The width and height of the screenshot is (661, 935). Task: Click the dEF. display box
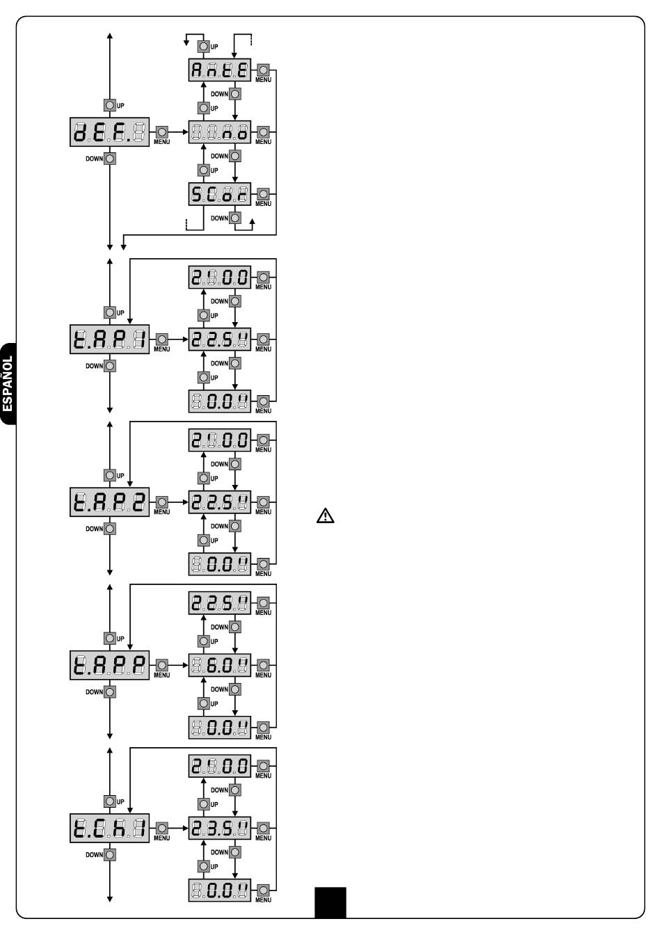tap(110, 131)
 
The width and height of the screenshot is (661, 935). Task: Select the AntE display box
tap(220, 70)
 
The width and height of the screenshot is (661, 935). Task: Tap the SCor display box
tap(220, 194)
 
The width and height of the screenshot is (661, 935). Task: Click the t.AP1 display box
tap(110, 339)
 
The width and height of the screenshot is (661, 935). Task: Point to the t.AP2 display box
tap(110, 502)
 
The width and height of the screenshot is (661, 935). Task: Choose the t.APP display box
tap(110, 665)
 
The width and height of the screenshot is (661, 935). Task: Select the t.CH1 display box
tap(110, 828)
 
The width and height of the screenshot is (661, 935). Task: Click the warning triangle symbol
tap(326, 516)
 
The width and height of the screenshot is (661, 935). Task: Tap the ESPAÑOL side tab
tap(8, 384)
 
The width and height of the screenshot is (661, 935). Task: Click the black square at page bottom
tap(330, 902)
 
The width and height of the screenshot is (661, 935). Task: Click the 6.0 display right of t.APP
tap(220, 665)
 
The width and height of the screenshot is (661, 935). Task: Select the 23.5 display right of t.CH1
tap(220, 828)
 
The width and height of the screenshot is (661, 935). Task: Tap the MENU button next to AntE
tap(263, 70)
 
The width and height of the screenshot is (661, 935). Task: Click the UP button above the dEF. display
tap(110, 105)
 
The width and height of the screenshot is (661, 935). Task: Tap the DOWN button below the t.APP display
tap(110, 692)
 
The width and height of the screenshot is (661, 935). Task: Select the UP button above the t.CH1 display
tap(110, 801)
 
